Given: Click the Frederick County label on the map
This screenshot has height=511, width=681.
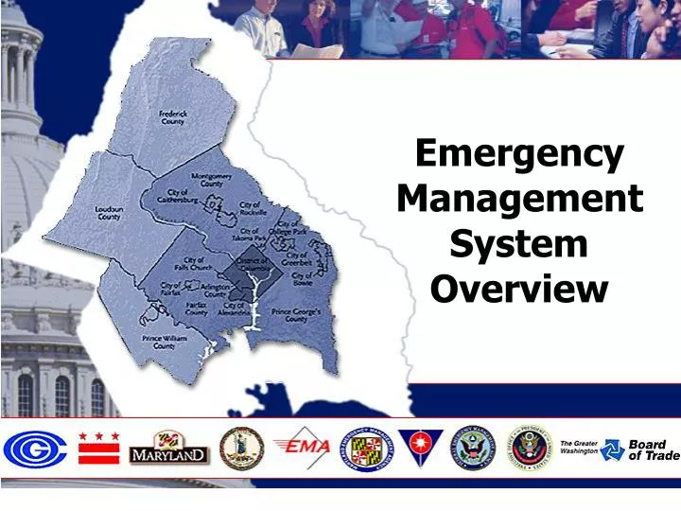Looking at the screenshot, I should [x=172, y=117].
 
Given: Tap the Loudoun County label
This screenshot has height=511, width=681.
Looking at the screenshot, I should [x=109, y=213].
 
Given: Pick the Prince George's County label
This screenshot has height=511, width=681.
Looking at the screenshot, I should [x=296, y=315].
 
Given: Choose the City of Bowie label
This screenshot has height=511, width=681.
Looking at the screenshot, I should [x=303, y=279].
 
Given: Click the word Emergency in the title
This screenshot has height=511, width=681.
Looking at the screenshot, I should [x=519, y=152].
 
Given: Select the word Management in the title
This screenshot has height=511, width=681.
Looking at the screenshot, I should [x=519, y=199].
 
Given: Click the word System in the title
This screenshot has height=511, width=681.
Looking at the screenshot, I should [x=519, y=244].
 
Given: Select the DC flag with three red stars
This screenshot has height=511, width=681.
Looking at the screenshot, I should [x=98, y=448].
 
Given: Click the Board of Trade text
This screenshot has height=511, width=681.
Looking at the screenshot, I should [x=648, y=449].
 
